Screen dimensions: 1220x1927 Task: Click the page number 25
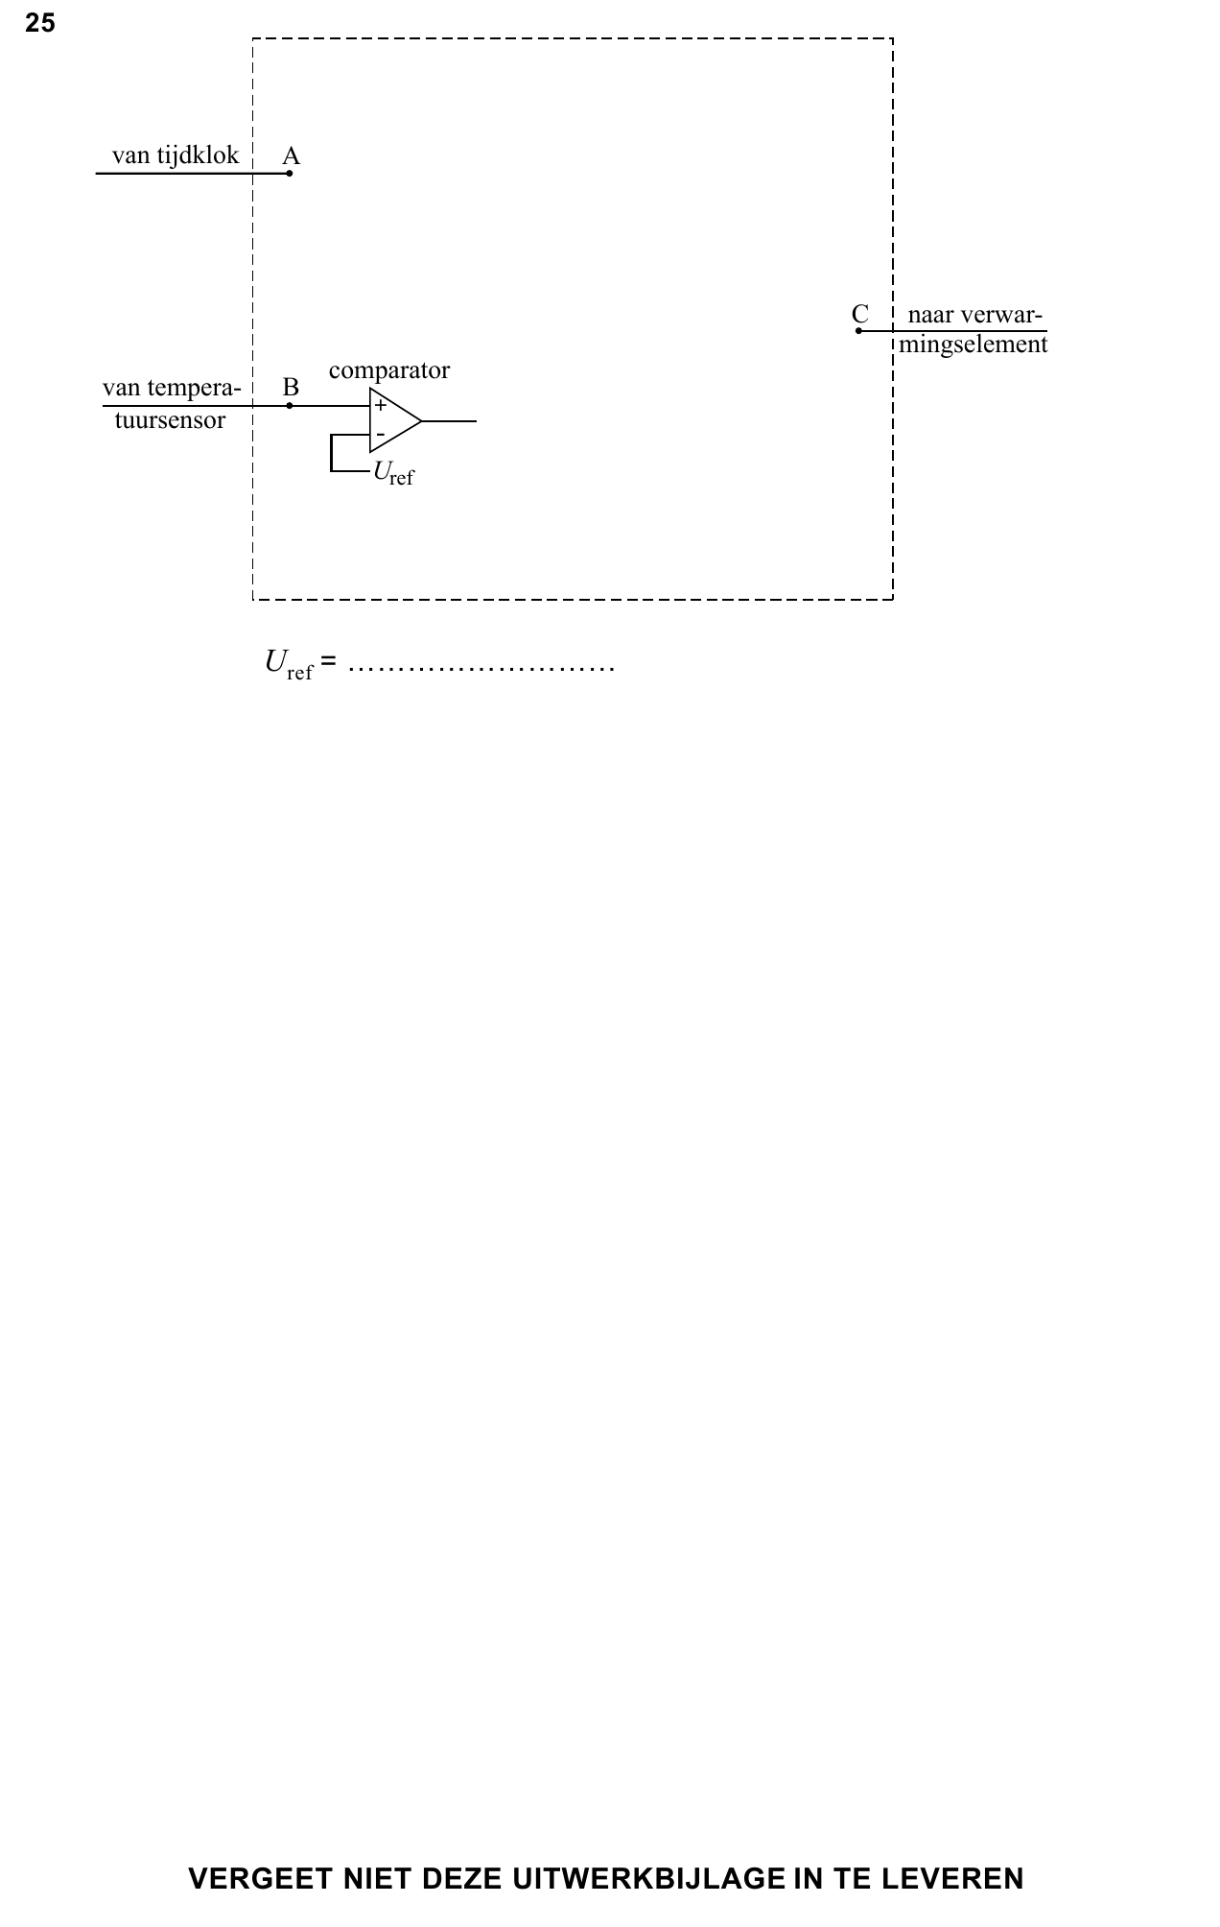(40, 24)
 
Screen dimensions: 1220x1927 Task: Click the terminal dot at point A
(290, 174)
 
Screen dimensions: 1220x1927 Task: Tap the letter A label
(292, 155)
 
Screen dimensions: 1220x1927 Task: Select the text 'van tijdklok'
(176, 155)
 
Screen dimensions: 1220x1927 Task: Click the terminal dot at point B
(290, 406)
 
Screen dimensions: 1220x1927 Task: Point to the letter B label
(291, 388)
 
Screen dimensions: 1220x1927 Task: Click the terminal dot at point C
(859, 331)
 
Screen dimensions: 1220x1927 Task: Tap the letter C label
(860, 314)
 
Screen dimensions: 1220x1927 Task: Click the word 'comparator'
(389, 370)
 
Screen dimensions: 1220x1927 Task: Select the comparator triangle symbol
(395, 420)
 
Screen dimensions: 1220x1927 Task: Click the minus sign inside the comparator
(381, 435)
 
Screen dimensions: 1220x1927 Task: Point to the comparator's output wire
(449, 420)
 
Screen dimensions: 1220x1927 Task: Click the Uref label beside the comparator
(394, 473)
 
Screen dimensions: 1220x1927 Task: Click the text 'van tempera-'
(172, 388)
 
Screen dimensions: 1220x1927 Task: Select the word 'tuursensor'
(171, 420)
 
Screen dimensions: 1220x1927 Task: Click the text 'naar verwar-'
(975, 315)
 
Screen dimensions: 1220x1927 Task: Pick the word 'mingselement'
(974, 345)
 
